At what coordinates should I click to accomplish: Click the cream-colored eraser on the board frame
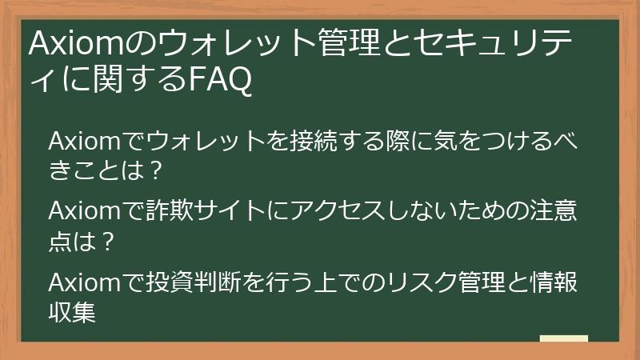pos(563,340)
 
